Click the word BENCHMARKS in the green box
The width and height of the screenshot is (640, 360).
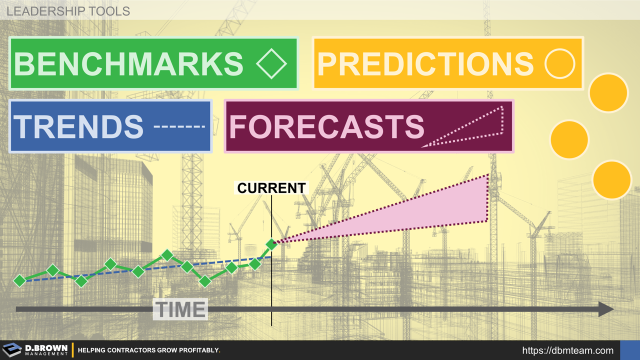[129, 63]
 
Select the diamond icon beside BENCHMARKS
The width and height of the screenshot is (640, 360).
[271, 63]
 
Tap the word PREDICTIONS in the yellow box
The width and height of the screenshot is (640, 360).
[425, 63]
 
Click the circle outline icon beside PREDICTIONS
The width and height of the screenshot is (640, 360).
[559, 64]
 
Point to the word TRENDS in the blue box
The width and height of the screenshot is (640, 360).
[78, 126]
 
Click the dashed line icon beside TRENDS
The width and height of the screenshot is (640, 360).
[179, 126]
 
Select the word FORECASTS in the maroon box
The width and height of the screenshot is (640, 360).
[326, 126]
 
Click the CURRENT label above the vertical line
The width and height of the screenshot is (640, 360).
[271, 188]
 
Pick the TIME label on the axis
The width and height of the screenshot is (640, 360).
[180, 309]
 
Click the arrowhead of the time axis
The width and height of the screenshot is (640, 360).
[605, 309]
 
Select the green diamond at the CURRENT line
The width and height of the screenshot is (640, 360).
[271, 244]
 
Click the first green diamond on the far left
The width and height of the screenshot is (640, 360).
[19, 280]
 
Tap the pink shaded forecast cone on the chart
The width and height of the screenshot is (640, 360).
[440, 210]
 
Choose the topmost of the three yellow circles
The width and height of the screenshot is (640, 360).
[608, 92]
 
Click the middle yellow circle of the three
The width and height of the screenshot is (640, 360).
[569, 139]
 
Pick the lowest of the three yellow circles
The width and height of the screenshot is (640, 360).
[611, 180]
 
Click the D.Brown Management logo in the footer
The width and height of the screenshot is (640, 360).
[35, 350]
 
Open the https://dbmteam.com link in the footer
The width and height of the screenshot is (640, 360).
[567, 350]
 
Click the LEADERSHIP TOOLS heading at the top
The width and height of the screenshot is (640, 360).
[68, 10]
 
